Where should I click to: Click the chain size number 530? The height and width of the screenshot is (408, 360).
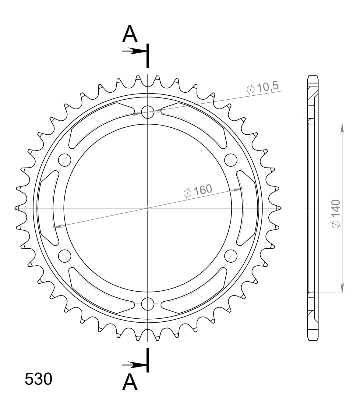[x=38, y=379]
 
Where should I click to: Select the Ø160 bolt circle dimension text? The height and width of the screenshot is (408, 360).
[x=198, y=191]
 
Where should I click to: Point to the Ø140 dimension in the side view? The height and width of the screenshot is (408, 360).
[x=335, y=213]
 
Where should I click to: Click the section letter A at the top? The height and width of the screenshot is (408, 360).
[x=130, y=34]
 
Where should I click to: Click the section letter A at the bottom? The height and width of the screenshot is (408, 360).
[x=130, y=382]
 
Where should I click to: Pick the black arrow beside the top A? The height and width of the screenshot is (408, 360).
[x=133, y=51]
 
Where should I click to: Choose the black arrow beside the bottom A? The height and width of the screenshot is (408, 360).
[x=133, y=364]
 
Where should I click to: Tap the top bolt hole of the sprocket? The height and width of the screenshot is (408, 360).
[x=148, y=112]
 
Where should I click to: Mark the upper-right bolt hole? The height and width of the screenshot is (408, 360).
[x=231, y=160]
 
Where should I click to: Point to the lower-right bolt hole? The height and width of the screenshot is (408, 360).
[x=231, y=256]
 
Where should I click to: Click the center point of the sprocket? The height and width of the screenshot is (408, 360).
[x=148, y=208]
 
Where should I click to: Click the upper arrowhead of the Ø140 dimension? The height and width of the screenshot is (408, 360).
[x=342, y=128]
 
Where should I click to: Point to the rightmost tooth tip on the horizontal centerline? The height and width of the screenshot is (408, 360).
[x=278, y=208]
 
